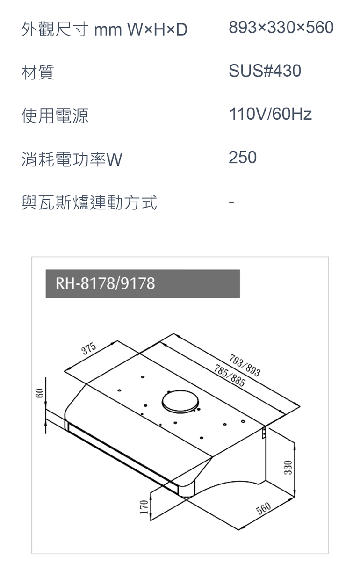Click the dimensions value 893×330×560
click(x=281, y=28)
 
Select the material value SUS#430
click(x=265, y=71)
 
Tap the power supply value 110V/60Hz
click(x=270, y=114)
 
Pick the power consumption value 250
click(x=243, y=158)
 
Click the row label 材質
click(x=38, y=72)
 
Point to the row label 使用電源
click(x=55, y=116)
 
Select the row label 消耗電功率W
click(x=72, y=159)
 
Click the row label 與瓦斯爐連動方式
click(x=89, y=202)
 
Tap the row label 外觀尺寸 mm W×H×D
click(x=104, y=29)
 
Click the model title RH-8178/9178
click(x=105, y=283)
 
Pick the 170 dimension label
click(x=144, y=506)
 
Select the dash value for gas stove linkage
click(x=231, y=202)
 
